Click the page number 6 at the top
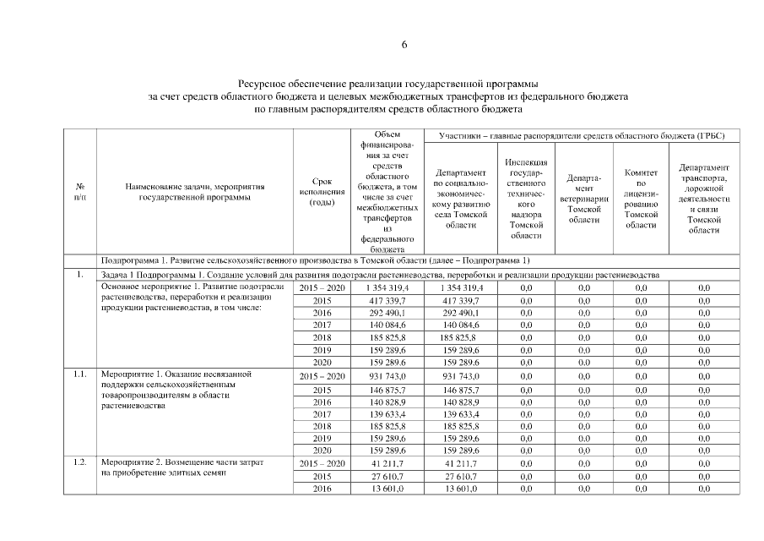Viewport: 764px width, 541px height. pos(404,46)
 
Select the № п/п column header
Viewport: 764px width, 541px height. pos(80,191)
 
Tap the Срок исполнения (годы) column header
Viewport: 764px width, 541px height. pos(322,192)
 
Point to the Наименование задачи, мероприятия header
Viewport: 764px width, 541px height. pos(195,192)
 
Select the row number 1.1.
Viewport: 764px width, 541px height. pos(80,373)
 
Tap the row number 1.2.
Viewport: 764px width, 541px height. pos(80,463)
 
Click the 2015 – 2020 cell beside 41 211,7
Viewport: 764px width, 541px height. pos(322,463)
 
